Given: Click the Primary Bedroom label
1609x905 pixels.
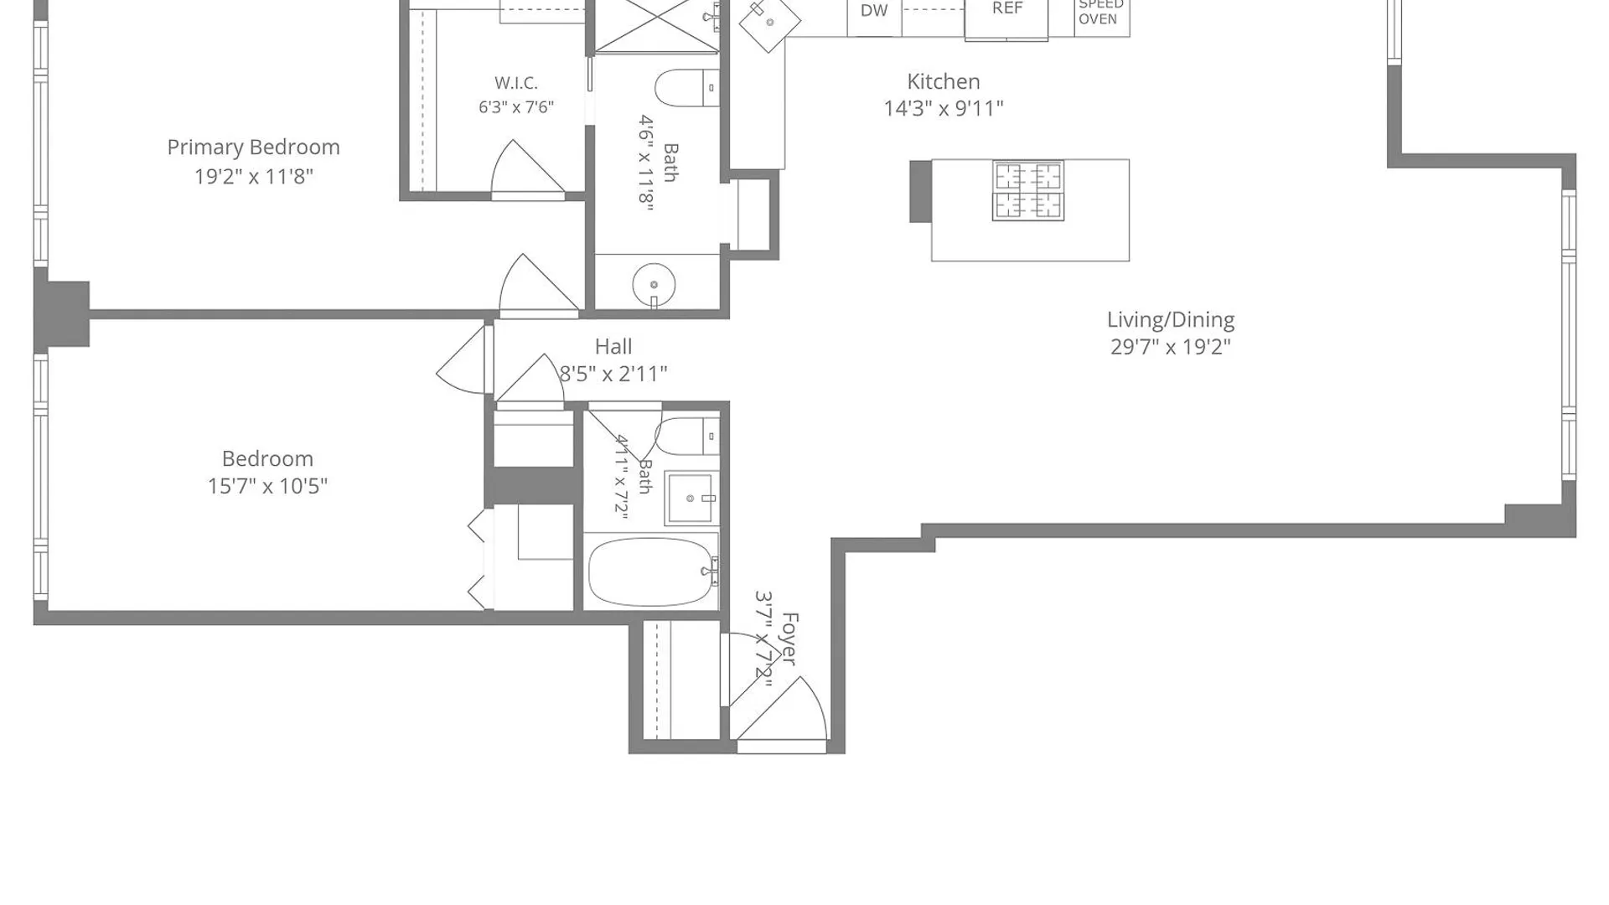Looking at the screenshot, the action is coord(253,147).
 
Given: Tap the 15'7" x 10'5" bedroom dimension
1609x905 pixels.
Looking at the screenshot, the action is coord(267,486).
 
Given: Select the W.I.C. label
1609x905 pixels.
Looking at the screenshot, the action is coord(516,83).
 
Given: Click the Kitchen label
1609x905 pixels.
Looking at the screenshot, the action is coord(944,81).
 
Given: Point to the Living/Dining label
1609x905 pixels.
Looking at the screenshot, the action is coord(1171,320).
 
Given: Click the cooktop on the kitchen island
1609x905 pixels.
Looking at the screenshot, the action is coord(1028,190).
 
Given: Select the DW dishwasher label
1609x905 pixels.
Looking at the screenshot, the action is coord(874,11).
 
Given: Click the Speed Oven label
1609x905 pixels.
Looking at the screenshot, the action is coord(1101,12).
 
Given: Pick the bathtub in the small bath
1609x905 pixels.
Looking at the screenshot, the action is coord(652,571).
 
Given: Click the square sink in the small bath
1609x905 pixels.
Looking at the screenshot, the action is coord(691,498).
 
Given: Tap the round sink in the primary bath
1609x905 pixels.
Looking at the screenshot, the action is coord(654,285).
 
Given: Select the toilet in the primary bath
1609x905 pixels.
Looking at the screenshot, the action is coord(686,88).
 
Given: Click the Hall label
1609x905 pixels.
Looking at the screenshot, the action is coord(613,346).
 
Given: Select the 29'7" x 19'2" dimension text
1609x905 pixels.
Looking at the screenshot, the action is coord(1171,347).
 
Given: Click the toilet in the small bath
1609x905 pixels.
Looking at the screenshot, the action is coord(686,436).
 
